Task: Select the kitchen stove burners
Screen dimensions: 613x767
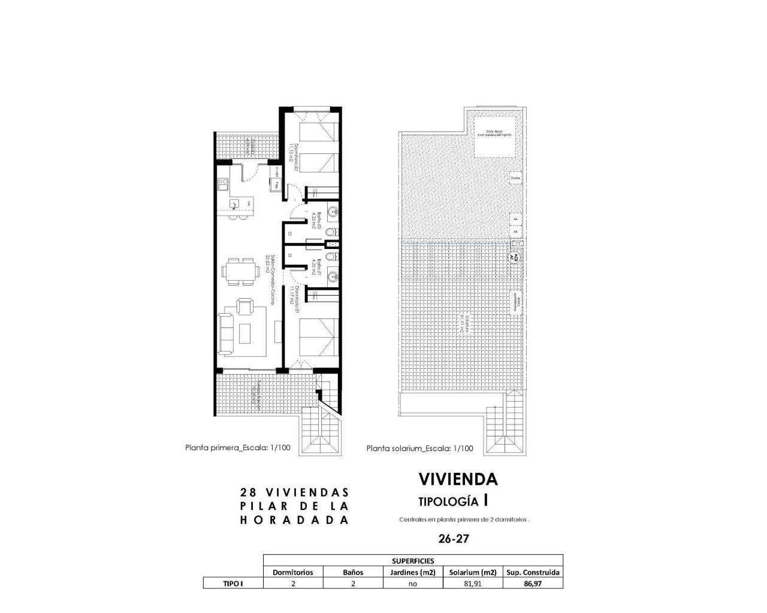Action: pos(222,184)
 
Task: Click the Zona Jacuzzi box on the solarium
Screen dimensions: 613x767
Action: pos(496,136)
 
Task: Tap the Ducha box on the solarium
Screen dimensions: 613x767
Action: pos(515,178)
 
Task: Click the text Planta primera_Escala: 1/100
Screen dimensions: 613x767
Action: pos(238,447)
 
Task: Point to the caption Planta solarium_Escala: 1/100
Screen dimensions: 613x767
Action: pos(419,448)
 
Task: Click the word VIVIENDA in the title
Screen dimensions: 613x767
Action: pos(458,479)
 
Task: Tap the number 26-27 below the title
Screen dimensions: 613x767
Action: pos(453,538)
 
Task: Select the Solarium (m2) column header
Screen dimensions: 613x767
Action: pos(473,572)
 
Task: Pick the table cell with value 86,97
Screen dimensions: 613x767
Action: pos(532,584)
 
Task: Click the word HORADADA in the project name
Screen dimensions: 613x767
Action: pos(294,520)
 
